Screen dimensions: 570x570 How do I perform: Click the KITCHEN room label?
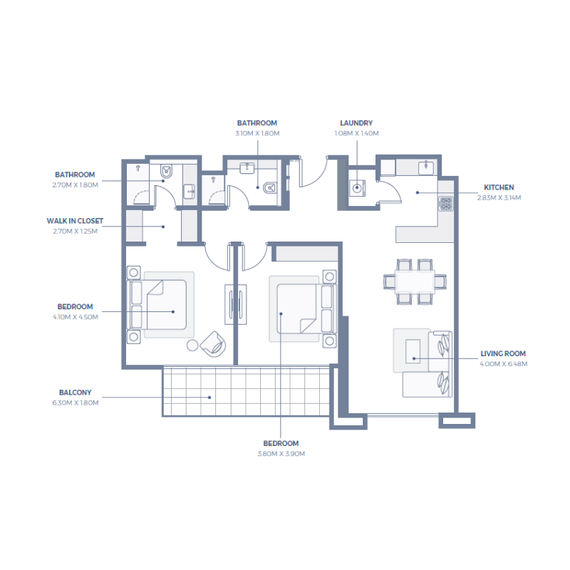pyautogui.click(x=499, y=187)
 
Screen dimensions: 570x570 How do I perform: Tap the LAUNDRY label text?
pyautogui.click(x=356, y=123)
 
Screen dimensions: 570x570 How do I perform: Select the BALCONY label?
pyautogui.click(x=75, y=393)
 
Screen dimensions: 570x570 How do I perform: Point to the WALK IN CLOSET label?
pyautogui.click(x=75, y=221)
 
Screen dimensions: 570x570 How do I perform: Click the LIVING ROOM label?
pyautogui.click(x=503, y=353)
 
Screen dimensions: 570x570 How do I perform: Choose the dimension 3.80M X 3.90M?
pyautogui.click(x=281, y=453)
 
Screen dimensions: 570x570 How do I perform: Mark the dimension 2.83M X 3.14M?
pyautogui.click(x=499, y=197)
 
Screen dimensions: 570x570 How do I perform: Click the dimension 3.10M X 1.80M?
pyautogui.click(x=257, y=133)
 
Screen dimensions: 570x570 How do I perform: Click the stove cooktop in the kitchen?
pyautogui.click(x=445, y=204)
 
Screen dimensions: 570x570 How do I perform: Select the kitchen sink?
pyautogui.click(x=426, y=167)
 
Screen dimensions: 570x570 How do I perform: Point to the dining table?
pyautogui.click(x=415, y=281)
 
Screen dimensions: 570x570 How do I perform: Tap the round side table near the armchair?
pyautogui.click(x=192, y=346)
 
